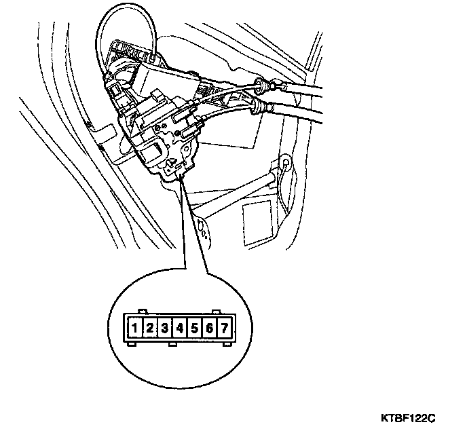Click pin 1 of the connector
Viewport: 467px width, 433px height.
136,329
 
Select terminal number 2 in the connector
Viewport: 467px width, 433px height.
151,329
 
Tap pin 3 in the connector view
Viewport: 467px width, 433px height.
166,329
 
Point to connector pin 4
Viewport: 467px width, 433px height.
180,329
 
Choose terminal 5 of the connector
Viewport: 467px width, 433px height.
195,329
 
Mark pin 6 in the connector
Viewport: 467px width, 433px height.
210,329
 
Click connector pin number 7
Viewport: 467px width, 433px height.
225,329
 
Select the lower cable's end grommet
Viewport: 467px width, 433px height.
259,107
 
